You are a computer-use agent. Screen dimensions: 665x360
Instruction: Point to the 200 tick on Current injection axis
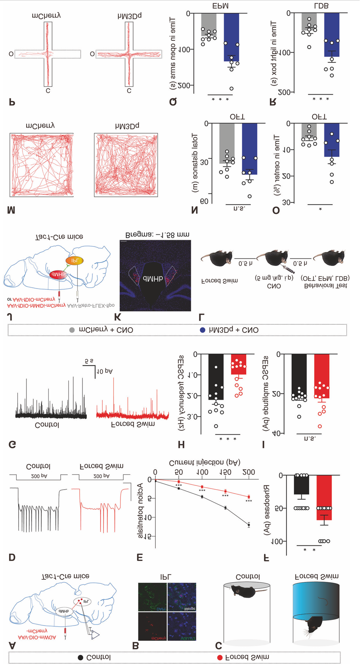coord(249,472)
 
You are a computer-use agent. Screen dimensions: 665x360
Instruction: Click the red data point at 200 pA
coord(249,497)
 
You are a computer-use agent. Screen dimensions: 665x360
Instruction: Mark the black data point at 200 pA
coord(249,525)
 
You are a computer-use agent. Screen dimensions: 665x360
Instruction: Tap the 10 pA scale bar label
coord(105,372)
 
